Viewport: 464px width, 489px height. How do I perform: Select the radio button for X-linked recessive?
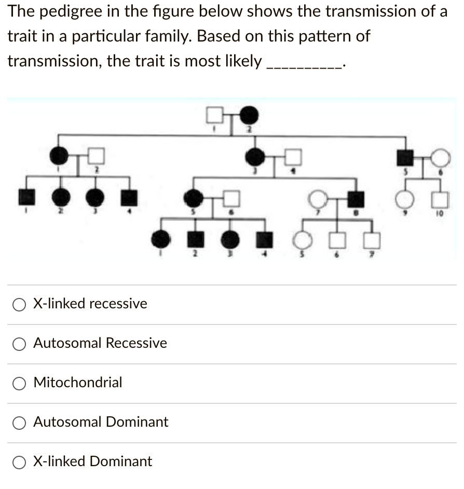(x=20, y=304)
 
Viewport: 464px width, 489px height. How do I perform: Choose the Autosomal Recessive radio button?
(x=20, y=344)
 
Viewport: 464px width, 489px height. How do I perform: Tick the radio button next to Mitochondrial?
(x=20, y=383)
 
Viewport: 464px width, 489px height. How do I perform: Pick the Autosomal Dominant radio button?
(x=20, y=423)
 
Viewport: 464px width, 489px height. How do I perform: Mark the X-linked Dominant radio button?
(x=20, y=462)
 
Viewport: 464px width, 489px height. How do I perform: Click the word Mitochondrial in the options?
(x=78, y=383)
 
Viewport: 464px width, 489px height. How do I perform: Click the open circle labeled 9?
(x=404, y=198)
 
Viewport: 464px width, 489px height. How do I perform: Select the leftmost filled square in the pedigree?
(x=27, y=197)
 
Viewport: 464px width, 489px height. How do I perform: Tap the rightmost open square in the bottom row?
(x=371, y=239)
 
